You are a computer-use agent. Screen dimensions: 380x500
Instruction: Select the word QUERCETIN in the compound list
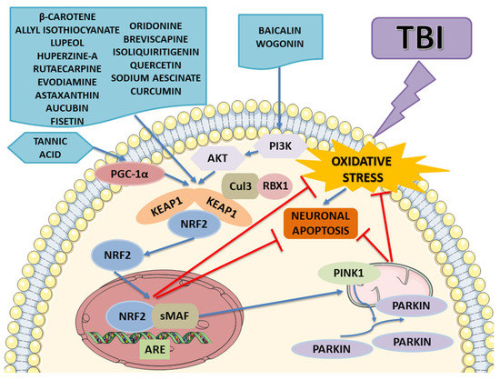click(162, 65)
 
